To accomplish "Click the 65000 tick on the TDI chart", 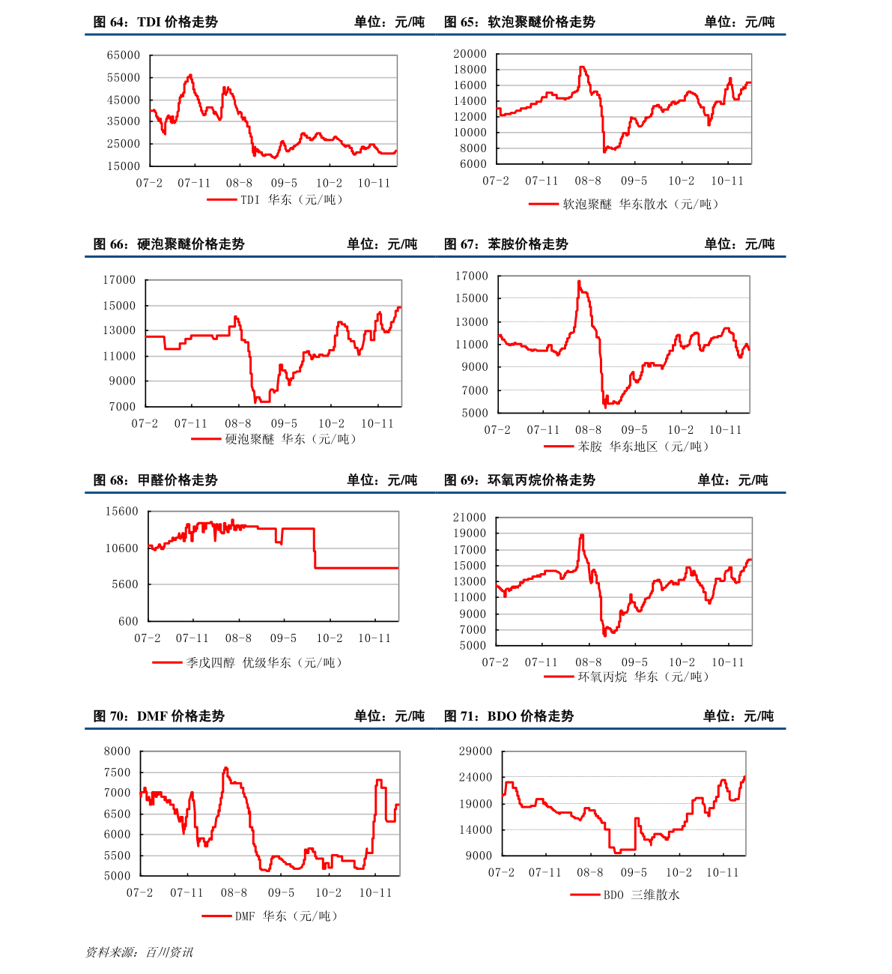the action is pos(123,55).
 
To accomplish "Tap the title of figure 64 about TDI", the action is pos(155,22).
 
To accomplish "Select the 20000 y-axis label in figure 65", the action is pos(470,54).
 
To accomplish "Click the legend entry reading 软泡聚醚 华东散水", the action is pos(640,205).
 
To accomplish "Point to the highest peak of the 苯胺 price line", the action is pos(579,281).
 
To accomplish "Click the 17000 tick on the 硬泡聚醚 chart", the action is pos(119,280).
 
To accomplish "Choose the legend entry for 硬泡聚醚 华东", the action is pos(290,439).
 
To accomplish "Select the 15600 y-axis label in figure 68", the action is pos(122,511).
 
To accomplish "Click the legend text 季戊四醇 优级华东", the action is pos(264,663).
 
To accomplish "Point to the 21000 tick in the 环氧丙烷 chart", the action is pos(469,518).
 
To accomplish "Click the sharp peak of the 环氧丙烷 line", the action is pos(581,535).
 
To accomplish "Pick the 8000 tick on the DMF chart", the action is pos(117,751).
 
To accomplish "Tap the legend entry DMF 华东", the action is pos(286,916).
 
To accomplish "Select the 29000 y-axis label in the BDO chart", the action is pos(476,751).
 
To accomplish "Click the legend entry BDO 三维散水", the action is pos(641,895).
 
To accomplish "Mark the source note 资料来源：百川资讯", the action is pos(139,952).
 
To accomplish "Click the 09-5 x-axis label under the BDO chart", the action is pos(634,873).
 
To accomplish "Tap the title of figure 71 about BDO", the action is pos(509,716).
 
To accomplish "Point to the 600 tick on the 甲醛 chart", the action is pos(128,622).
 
